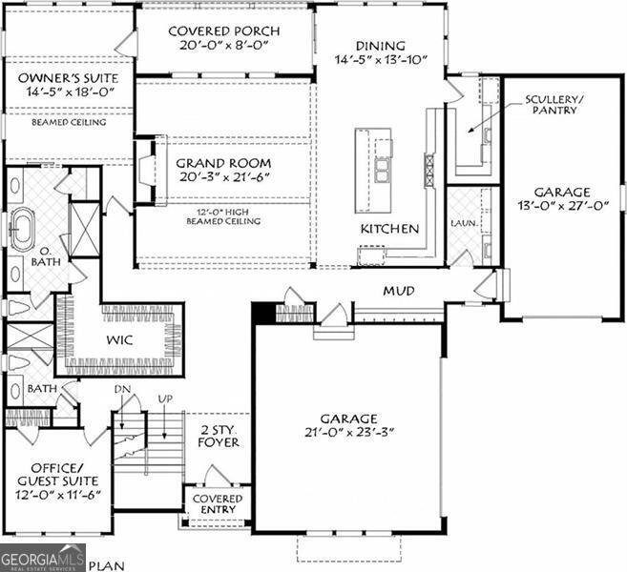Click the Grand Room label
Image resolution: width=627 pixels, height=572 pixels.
click(x=223, y=163)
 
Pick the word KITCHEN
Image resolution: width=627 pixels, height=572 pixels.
click(x=388, y=229)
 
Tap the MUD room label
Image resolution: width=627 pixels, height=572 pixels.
click(x=398, y=290)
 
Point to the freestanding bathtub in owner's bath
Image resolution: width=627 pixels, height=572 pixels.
click(x=21, y=228)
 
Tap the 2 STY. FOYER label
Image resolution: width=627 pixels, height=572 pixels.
click(x=219, y=437)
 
